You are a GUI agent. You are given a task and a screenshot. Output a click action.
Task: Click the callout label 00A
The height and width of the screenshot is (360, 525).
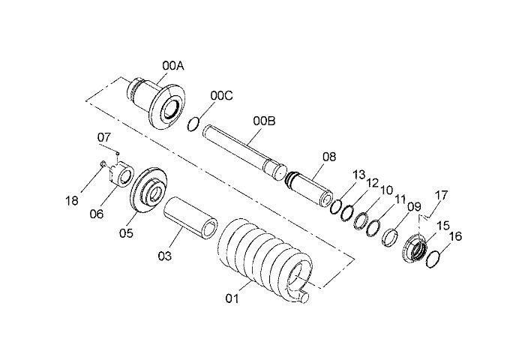point(173,66)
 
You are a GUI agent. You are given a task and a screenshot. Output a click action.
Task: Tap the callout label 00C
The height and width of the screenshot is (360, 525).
point(221,95)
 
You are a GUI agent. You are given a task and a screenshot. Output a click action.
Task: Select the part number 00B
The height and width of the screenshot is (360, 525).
point(264,121)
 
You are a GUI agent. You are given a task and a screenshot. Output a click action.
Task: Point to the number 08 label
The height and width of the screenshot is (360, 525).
point(329,157)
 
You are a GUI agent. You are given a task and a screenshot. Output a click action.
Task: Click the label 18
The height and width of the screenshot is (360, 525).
point(72,200)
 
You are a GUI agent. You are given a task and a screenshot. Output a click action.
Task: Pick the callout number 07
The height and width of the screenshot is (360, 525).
point(104,137)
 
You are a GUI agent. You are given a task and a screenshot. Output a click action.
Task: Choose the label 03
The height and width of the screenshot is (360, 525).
point(165,256)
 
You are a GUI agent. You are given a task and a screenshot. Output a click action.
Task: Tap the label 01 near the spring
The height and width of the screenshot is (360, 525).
point(232,298)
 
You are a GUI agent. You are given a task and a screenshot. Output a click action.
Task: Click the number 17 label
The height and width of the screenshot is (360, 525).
point(441,195)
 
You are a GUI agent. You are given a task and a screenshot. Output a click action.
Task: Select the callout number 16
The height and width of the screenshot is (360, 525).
point(455,236)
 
